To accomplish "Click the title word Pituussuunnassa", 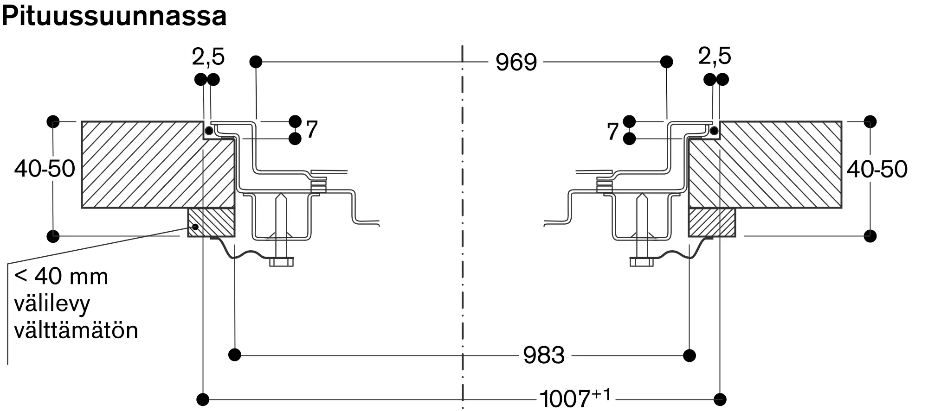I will coord(114,17).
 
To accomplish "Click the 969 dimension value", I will coord(516,62).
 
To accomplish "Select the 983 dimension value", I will coord(543,355).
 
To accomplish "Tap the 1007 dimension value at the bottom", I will coord(565,398).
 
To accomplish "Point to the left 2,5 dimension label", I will coord(208,57).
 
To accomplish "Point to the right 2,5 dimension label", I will coord(714,56).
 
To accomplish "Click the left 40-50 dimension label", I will coord(45,169).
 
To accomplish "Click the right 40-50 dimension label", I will coord(876,169).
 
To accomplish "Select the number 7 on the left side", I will coord(312,129).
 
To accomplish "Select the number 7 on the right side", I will coord(612,131).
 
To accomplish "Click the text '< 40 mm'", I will coord(61,277).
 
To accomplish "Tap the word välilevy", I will coord(52,304).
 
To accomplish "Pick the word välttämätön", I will coord(76,331).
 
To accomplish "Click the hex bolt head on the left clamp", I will coord(281,262).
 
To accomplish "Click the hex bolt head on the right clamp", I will coord(641,262).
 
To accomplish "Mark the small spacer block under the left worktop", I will coord(212,222).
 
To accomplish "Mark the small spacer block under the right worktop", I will coord(712,222).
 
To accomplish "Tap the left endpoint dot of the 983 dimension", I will coord(235,355).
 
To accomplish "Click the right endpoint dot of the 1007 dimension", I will coord(720,399).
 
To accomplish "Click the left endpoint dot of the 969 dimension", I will coord(256,62).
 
